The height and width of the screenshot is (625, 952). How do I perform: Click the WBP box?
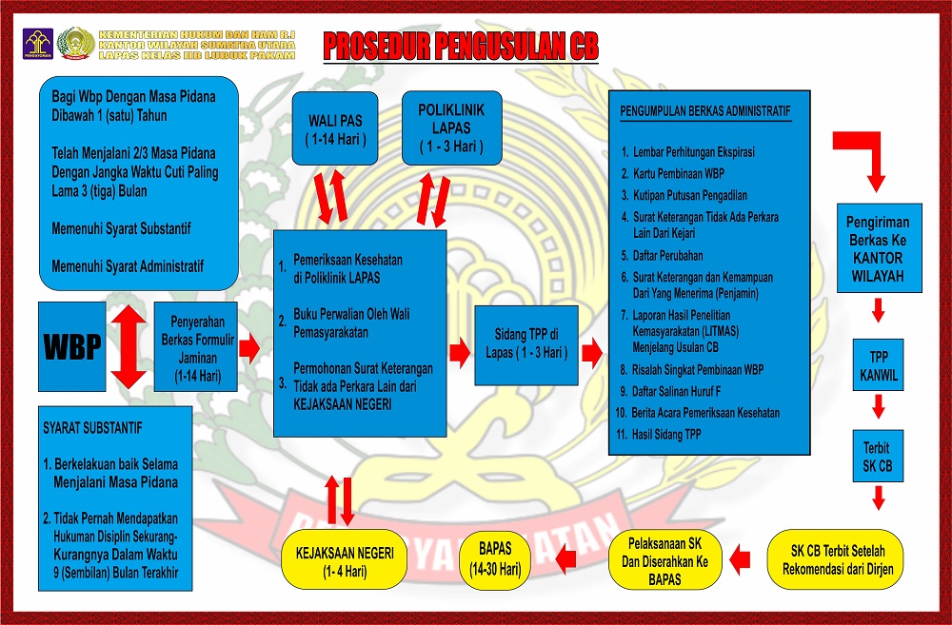coord(72,347)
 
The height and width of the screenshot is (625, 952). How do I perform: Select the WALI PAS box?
coord(334,127)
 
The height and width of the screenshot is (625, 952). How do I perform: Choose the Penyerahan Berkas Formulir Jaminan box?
coord(197,348)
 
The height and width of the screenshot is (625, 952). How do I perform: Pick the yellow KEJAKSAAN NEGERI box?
coord(338,557)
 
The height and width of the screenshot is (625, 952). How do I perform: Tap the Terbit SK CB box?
coord(878,455)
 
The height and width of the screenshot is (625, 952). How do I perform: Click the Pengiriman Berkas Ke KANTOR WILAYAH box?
coord(878,247)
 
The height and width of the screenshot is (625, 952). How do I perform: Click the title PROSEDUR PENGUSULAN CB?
coord(461,46)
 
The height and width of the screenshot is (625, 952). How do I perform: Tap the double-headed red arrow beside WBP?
coord(129,347)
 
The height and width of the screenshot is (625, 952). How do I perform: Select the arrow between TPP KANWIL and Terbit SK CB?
coord(879,407)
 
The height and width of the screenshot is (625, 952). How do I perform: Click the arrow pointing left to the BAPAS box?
coord(565,559)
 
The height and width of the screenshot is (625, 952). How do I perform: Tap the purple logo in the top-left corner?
coord(36,43)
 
